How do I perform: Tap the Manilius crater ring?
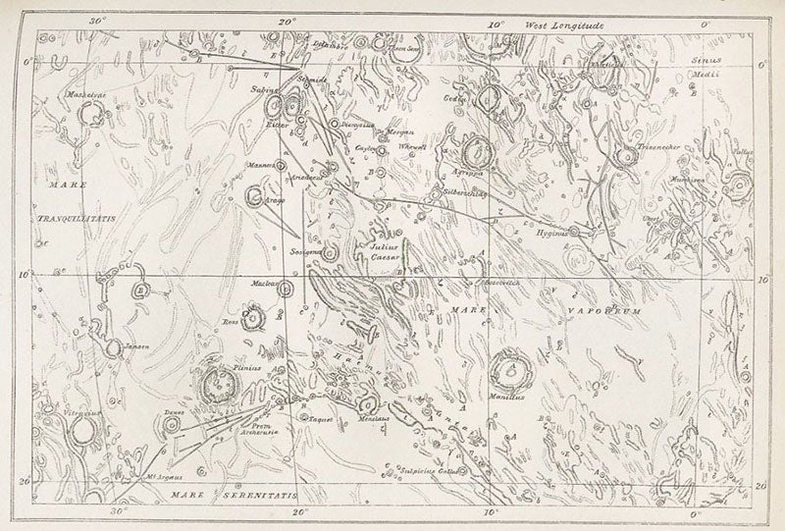tap(509, 369)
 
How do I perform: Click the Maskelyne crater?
tap(94, 116)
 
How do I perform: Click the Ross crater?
tap(253, 318)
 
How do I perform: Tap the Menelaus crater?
tap(366, 404)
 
